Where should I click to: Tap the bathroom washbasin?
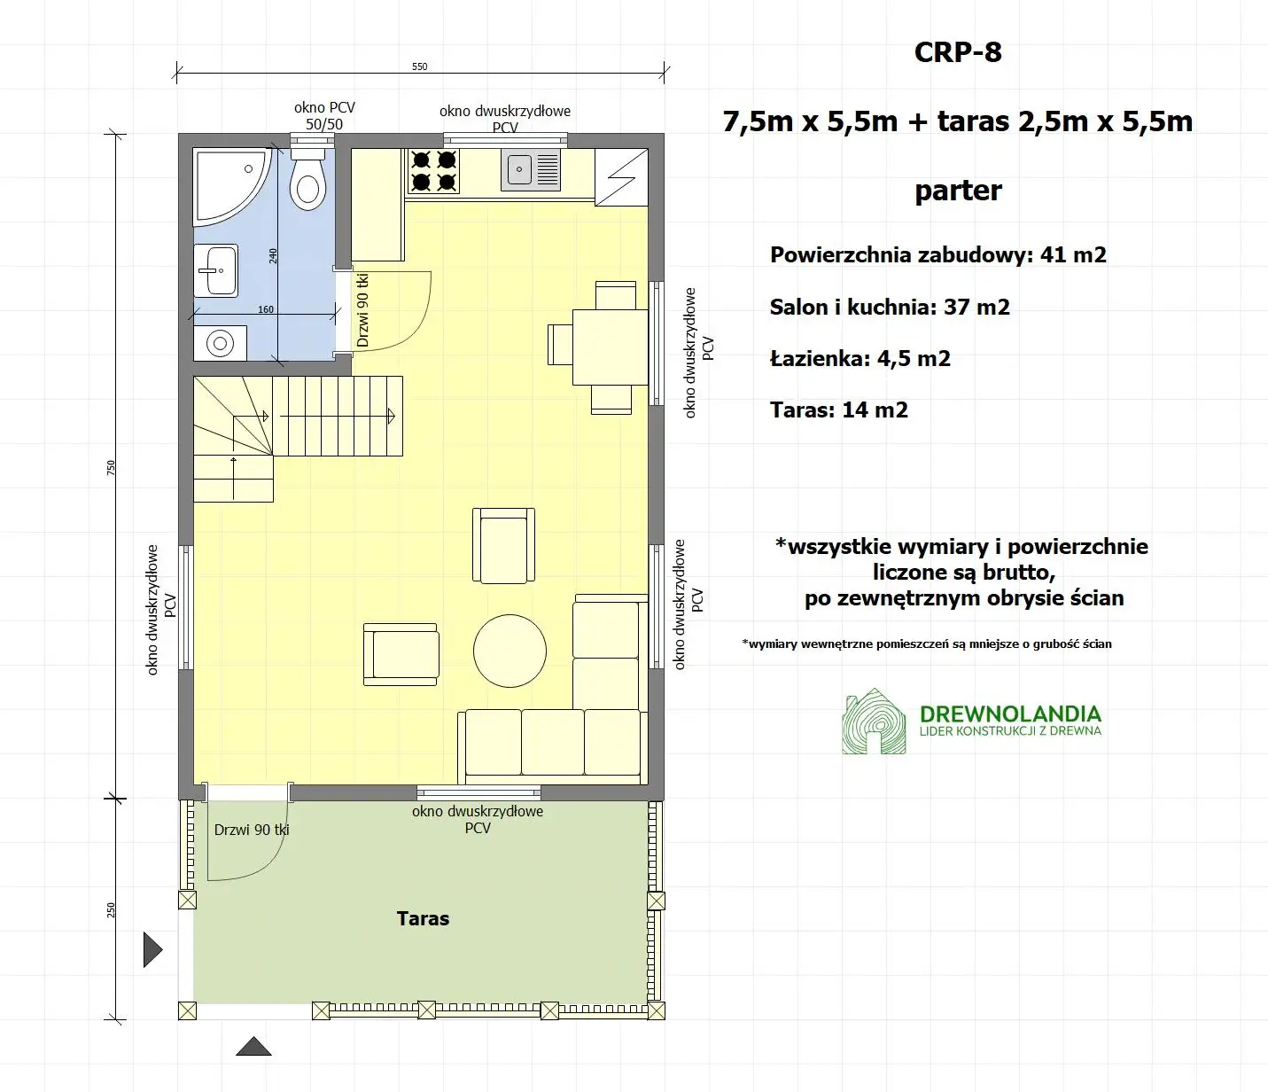[215, 270]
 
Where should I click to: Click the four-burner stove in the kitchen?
[433, 171]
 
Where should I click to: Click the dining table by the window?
[611, 347]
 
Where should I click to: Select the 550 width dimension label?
[420, 66]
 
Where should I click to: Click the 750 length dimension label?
[111, 466]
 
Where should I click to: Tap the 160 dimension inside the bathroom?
[266, 309]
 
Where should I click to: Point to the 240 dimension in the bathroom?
[273, 255]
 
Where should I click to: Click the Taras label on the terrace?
[423, 918]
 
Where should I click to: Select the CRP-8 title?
[958, 52]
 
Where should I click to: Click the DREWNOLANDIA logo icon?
[874, 721]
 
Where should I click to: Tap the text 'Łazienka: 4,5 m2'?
[860, 359]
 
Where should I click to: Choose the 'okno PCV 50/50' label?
[324, 115]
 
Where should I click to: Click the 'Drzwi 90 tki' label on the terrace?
[252, 830]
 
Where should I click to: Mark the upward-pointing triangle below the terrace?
[253, 1047]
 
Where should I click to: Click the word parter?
[958, 191]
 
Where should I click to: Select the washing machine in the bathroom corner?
[220, 343]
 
